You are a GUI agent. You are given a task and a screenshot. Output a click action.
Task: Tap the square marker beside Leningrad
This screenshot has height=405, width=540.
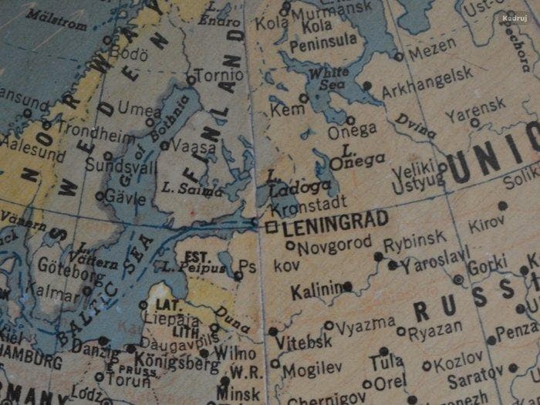click(271, 228)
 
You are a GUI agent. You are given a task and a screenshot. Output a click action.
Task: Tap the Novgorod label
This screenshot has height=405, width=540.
click(334, 247)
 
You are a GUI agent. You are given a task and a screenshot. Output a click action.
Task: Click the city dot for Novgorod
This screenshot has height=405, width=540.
click(290, 246)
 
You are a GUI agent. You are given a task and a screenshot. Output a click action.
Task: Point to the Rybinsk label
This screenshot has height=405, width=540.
click(414, 241)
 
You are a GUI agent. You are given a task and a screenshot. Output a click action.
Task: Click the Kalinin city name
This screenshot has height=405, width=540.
click(316, 291)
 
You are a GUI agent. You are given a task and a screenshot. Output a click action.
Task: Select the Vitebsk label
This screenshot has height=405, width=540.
click(304, 340)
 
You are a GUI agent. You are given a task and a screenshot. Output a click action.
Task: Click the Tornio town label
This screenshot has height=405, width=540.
click(218, 76)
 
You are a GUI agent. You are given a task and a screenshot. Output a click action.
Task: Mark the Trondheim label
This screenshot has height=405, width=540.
click(96, 133)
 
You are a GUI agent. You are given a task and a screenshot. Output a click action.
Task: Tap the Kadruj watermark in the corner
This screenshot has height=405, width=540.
click(513, 17)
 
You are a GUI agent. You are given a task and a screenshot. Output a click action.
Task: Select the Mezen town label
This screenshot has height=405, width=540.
click(432, 52)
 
